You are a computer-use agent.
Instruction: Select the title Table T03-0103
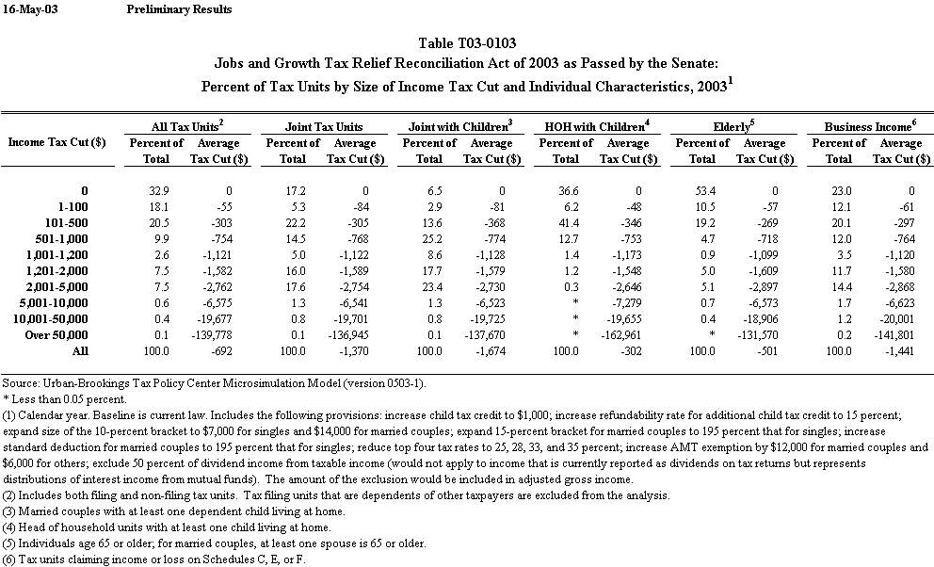[x=467, y=43]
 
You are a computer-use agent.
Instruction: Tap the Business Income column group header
[x=869, y=125]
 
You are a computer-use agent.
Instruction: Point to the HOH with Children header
[x=596, y=125]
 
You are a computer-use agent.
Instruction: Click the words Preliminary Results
[x=178, y=9]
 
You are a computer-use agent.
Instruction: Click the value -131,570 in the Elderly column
[x=764, y=335]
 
